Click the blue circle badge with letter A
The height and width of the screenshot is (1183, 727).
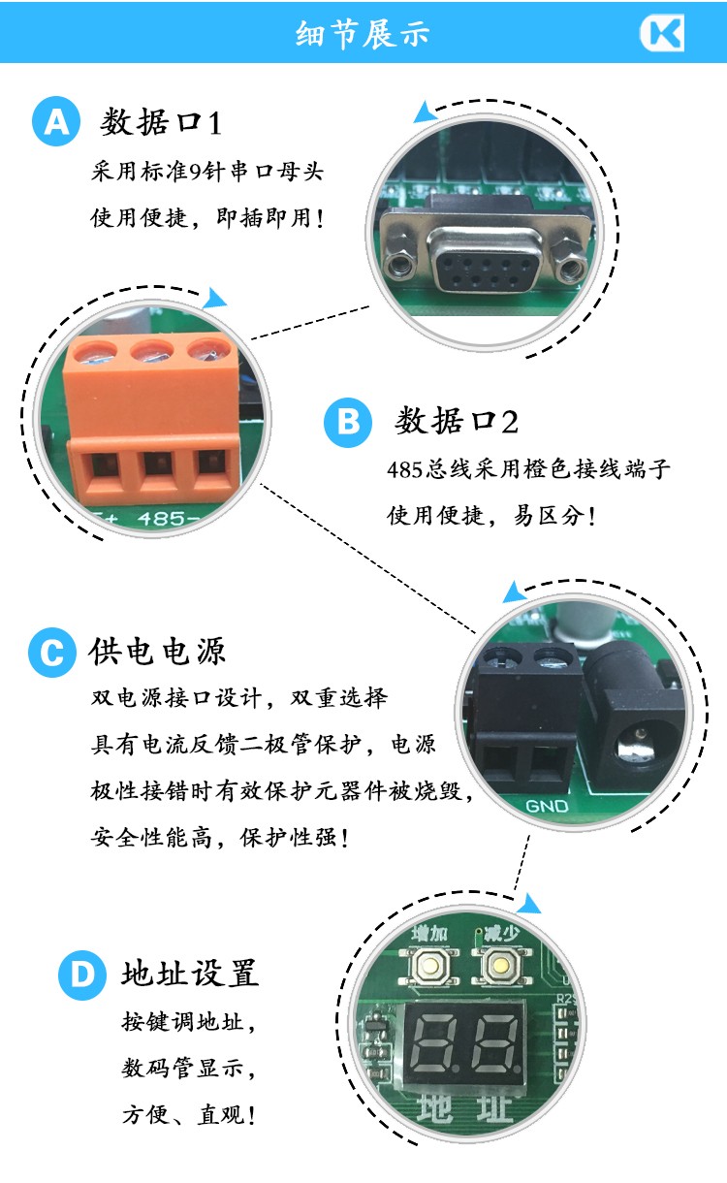pyautogui.click(x=56, y=121)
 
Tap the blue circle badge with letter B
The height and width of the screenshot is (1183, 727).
pyautogui.click(x=348, y=423)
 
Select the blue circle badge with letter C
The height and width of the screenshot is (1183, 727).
pyautogui.click(x=52, y=653)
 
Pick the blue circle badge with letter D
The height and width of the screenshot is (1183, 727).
pyautogui.click(x=82, y=975)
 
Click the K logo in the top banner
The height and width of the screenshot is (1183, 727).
pyautogui.click(x=663, y=33)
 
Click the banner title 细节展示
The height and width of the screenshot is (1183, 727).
pyautogui.click(x=363, y=34)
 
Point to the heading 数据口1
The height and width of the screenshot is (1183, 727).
pyautogui.click(x=161, y=122)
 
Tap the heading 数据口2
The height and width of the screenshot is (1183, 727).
pyautogui.click(x=457, y=421)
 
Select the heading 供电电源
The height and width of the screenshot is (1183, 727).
pyautogui.click(x=157, y=652)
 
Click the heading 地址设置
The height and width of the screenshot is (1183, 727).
pyautogui.click(x=190, y=973)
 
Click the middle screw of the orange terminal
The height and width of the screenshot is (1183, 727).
pyautogui.click(x=152, y=351)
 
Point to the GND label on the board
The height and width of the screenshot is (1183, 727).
pyautogui.click(x=547, y=807)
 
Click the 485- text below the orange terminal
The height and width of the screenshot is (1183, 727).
pyautogui.click(x=167, y=519)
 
